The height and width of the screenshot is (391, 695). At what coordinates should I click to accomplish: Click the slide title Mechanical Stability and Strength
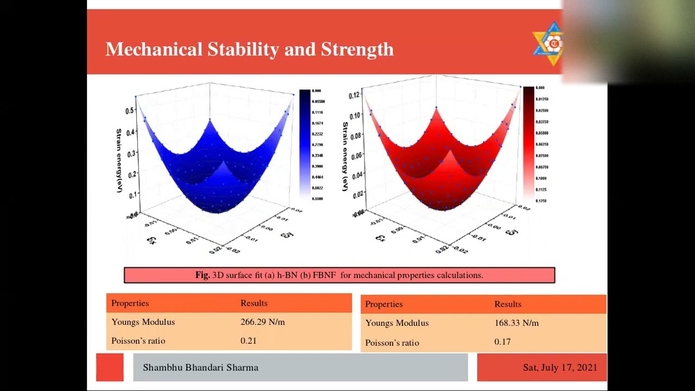249,49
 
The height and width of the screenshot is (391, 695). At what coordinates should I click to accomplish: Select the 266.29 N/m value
262,322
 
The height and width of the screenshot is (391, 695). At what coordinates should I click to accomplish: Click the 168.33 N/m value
516,323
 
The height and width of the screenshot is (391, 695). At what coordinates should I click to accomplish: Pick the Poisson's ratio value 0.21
248,341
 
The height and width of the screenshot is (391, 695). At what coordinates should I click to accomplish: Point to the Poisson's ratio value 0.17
502,342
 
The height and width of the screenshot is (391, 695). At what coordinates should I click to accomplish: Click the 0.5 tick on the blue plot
129,111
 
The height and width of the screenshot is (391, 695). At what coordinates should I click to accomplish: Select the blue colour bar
305,143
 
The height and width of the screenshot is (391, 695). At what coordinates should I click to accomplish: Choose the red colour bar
528,143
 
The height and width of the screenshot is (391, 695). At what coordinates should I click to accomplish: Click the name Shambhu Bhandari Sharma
200,368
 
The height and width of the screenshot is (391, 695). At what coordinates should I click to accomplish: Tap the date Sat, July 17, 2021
560,368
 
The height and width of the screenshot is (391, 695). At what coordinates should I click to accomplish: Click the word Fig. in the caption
203,275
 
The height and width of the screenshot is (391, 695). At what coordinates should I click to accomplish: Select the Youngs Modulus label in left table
143,322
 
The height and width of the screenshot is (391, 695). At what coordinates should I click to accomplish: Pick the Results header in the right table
508,304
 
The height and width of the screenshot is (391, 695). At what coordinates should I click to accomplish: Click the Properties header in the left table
130,303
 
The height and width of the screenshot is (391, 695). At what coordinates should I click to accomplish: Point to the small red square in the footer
110,367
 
